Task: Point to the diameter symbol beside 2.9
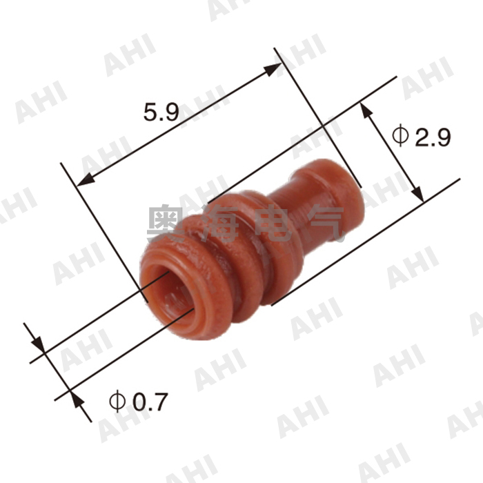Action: click(401, 136)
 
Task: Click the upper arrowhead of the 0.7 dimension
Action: click(37, 343)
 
